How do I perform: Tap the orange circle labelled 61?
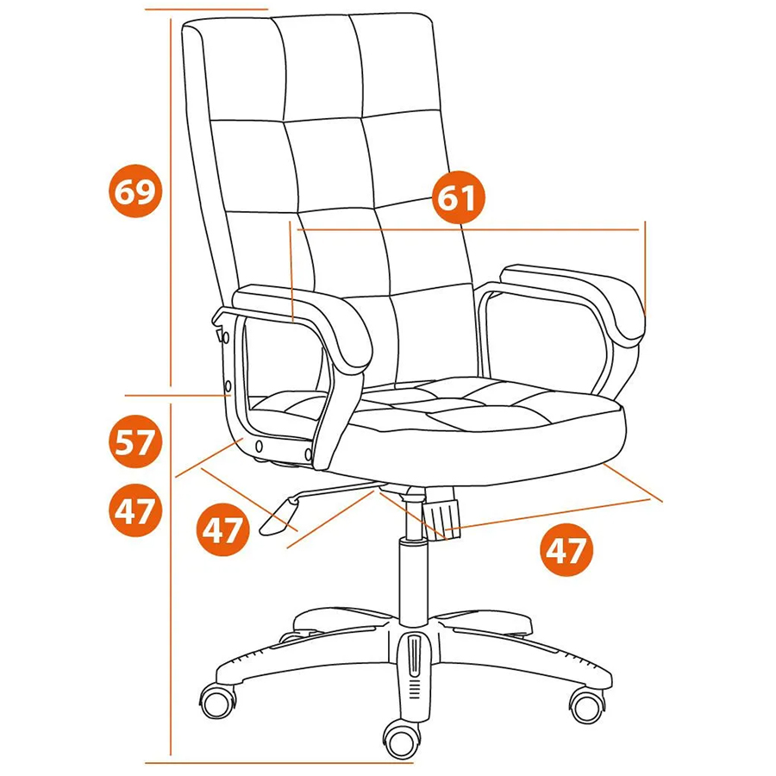coord(459,197)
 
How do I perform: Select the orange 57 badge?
coord(135,441)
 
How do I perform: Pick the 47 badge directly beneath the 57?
coord(135,510)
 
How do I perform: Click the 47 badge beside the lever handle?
coord(222,529)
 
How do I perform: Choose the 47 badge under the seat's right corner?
coord(566,549)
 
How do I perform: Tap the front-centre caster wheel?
coord(402,740)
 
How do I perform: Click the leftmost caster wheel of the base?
coord(218,701)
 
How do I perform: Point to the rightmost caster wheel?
coord(587,704)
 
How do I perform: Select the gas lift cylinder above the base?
coord(413,582)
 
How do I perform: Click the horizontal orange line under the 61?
coord(468,229)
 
